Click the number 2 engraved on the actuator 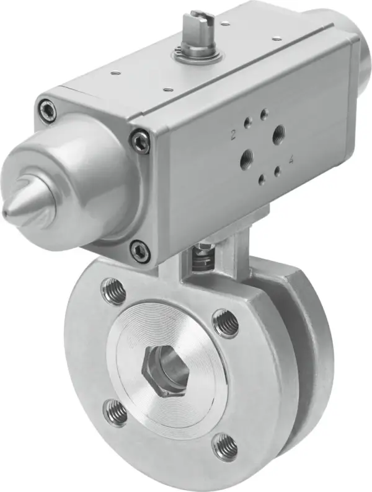(x=234, y=132)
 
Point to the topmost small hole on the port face (x=264, y=113)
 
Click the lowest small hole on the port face (x=262, y=179)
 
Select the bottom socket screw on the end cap (x=139, y=251)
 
